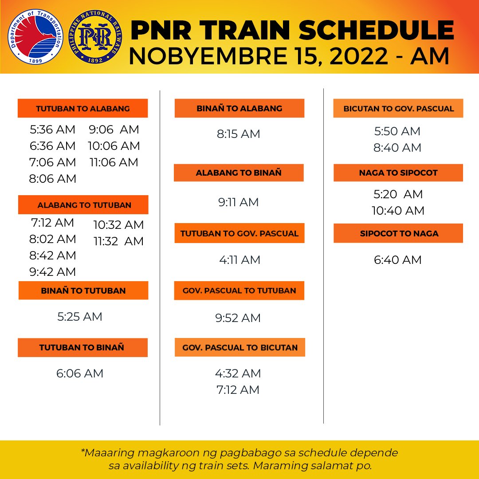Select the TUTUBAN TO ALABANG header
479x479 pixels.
pyautogui.click(x=82, y=109)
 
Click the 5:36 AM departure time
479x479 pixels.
pyautogui.click(x=53, y=130)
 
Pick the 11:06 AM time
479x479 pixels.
pyautogui.click(x=114, y=162)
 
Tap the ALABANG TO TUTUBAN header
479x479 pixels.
pyautogui.click(x=84, y=205)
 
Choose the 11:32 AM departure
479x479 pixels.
pyautogui.click(x=118, y=241)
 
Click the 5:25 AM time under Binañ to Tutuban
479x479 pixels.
pyautogui.click(x=80, y=317)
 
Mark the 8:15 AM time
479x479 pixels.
pyautogui.click(x=239, y=134)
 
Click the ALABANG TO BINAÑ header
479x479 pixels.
pyautogui.click(x=239, y=173)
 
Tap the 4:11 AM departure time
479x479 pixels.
pyautogui.click(x=239, y=260)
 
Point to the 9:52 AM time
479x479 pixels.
pyautogui.click(x=238, y=318)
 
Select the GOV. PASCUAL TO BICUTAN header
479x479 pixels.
pyautogui.click(x=240, y=348)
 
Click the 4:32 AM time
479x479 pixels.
pyautogui.click(x=238, y=373)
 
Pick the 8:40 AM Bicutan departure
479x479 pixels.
pyautogui.click(x=397, y=148)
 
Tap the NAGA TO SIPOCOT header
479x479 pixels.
pyautogui.click(x=398, y=173)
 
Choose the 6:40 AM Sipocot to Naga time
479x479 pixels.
pyautogui.click(x=398, y=260)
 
